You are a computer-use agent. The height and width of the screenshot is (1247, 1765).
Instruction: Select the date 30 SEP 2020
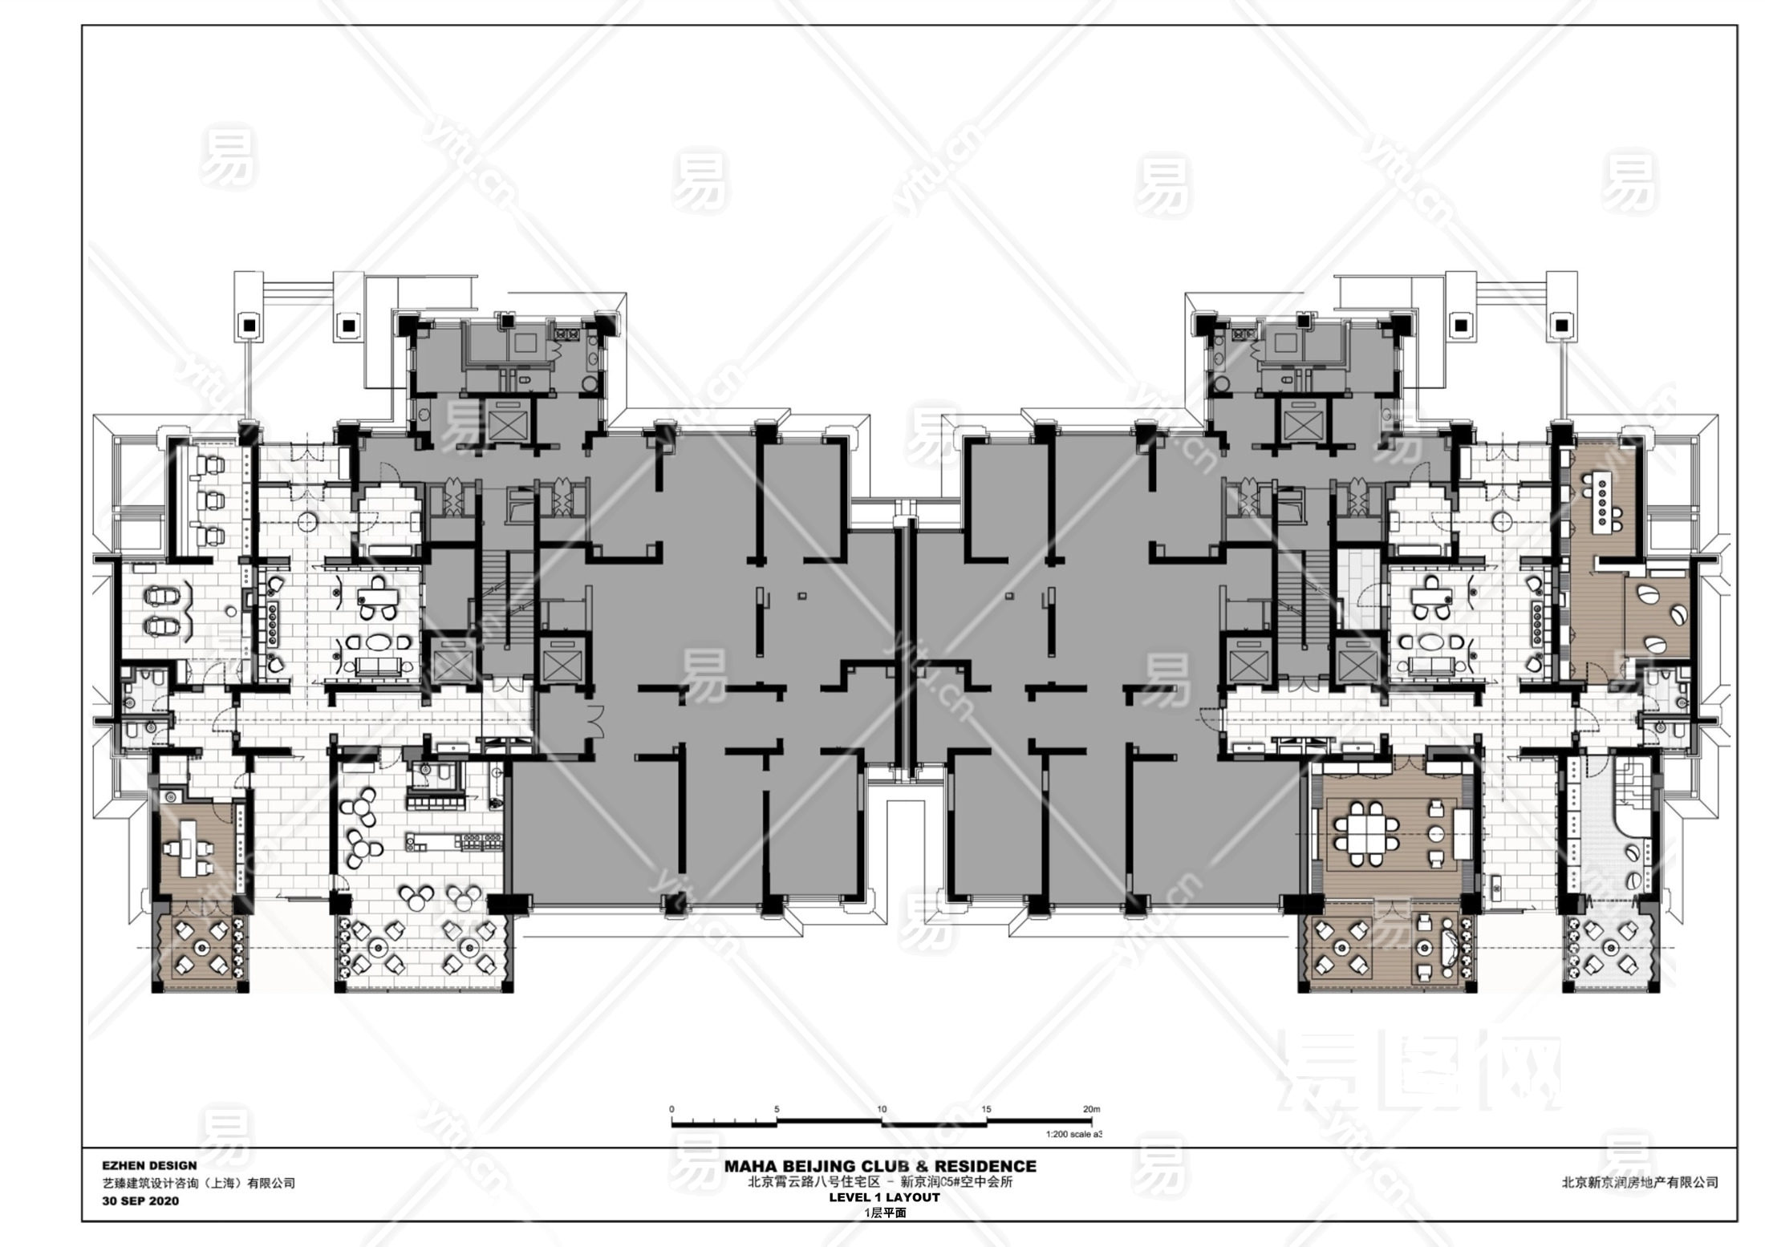[x=140, y=1201]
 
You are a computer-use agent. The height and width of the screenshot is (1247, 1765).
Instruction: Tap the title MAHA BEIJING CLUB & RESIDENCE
[x=880, y=1166]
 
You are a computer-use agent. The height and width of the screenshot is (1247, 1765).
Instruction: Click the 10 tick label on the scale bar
[x=882, y=1109]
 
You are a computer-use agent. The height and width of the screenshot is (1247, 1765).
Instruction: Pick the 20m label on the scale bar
[x=1091, y=1109]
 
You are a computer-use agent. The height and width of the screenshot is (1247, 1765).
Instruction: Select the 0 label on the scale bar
[x=672, y=1109]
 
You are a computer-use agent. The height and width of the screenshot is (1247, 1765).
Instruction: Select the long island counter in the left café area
[x=454, y=841]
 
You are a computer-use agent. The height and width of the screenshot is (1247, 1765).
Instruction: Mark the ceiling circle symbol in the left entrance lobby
[x=306, y=521]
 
